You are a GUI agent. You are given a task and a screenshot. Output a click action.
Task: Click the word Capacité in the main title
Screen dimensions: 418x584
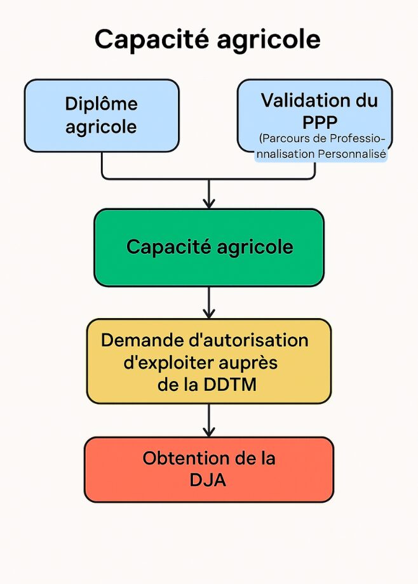[152, 39]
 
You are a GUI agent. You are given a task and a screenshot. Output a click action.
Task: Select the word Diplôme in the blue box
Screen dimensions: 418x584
[102, 104]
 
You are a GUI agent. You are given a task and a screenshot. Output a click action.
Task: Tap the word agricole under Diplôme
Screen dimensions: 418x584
[101, 127]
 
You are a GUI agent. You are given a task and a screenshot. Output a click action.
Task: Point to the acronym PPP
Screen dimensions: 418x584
[320, 122]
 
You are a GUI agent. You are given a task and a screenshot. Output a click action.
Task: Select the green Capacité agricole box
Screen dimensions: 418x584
[209, 248]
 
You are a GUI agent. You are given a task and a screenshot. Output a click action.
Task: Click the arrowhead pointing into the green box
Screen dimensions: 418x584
[209, 203]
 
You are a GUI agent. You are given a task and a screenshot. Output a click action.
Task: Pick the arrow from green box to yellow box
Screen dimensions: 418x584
[209, 302]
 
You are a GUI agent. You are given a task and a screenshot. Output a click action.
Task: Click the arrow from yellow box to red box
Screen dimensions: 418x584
[209, 420]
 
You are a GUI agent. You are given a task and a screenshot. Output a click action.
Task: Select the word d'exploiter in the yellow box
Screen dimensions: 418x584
[168, 363]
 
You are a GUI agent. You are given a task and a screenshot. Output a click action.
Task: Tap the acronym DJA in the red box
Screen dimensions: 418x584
[208, 480]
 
